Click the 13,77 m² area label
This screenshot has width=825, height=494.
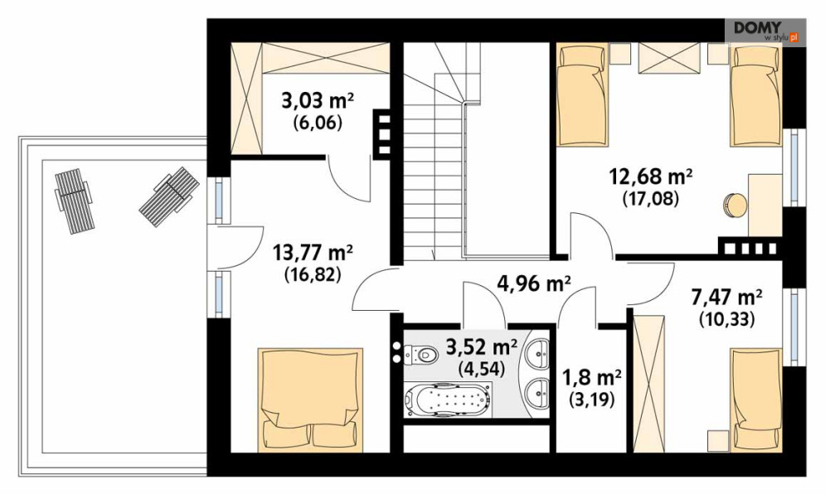(313, 253)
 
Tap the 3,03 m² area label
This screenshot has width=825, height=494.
(318, 100)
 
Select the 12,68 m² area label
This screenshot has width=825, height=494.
(650, 177)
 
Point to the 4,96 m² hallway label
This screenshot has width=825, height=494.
(534, 284)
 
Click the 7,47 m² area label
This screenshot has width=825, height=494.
(726, 298)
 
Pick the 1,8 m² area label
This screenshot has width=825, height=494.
(592, 377)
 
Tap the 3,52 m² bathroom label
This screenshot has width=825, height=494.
(482, 347)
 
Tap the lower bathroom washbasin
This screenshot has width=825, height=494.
(539, 392)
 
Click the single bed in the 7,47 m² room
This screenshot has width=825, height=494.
(755, 400)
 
